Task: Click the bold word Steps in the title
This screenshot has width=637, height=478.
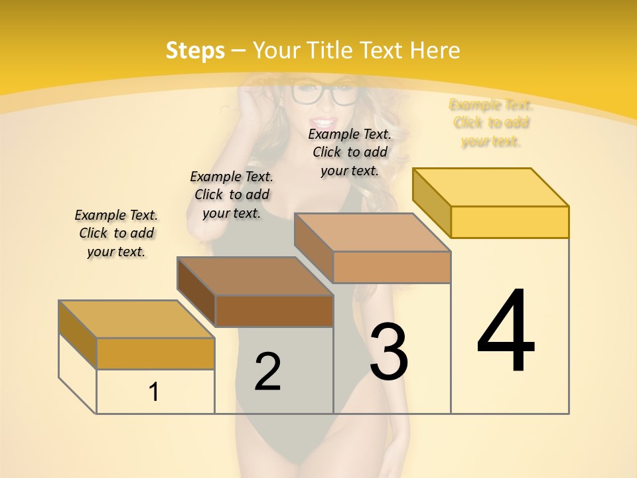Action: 195,50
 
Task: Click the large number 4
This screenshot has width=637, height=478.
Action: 506,331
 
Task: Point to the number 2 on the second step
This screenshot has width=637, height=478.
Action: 267,371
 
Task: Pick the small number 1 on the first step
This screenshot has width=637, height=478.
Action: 154,392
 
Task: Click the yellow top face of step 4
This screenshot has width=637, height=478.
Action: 491,187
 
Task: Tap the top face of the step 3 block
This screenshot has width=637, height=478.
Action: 372,232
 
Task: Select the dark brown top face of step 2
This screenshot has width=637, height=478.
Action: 255,276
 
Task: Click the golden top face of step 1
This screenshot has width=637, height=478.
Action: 137,319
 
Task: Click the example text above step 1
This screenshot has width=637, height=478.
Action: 116,233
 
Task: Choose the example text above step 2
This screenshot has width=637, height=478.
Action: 232,195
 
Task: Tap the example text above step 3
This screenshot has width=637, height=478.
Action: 350,152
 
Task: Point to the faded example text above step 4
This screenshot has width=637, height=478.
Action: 491,123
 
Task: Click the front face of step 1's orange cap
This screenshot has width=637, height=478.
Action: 155,353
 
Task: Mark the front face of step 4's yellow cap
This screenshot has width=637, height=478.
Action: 510,222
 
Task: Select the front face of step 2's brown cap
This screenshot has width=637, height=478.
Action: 273,311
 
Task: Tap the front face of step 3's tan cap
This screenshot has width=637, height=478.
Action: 391,267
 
